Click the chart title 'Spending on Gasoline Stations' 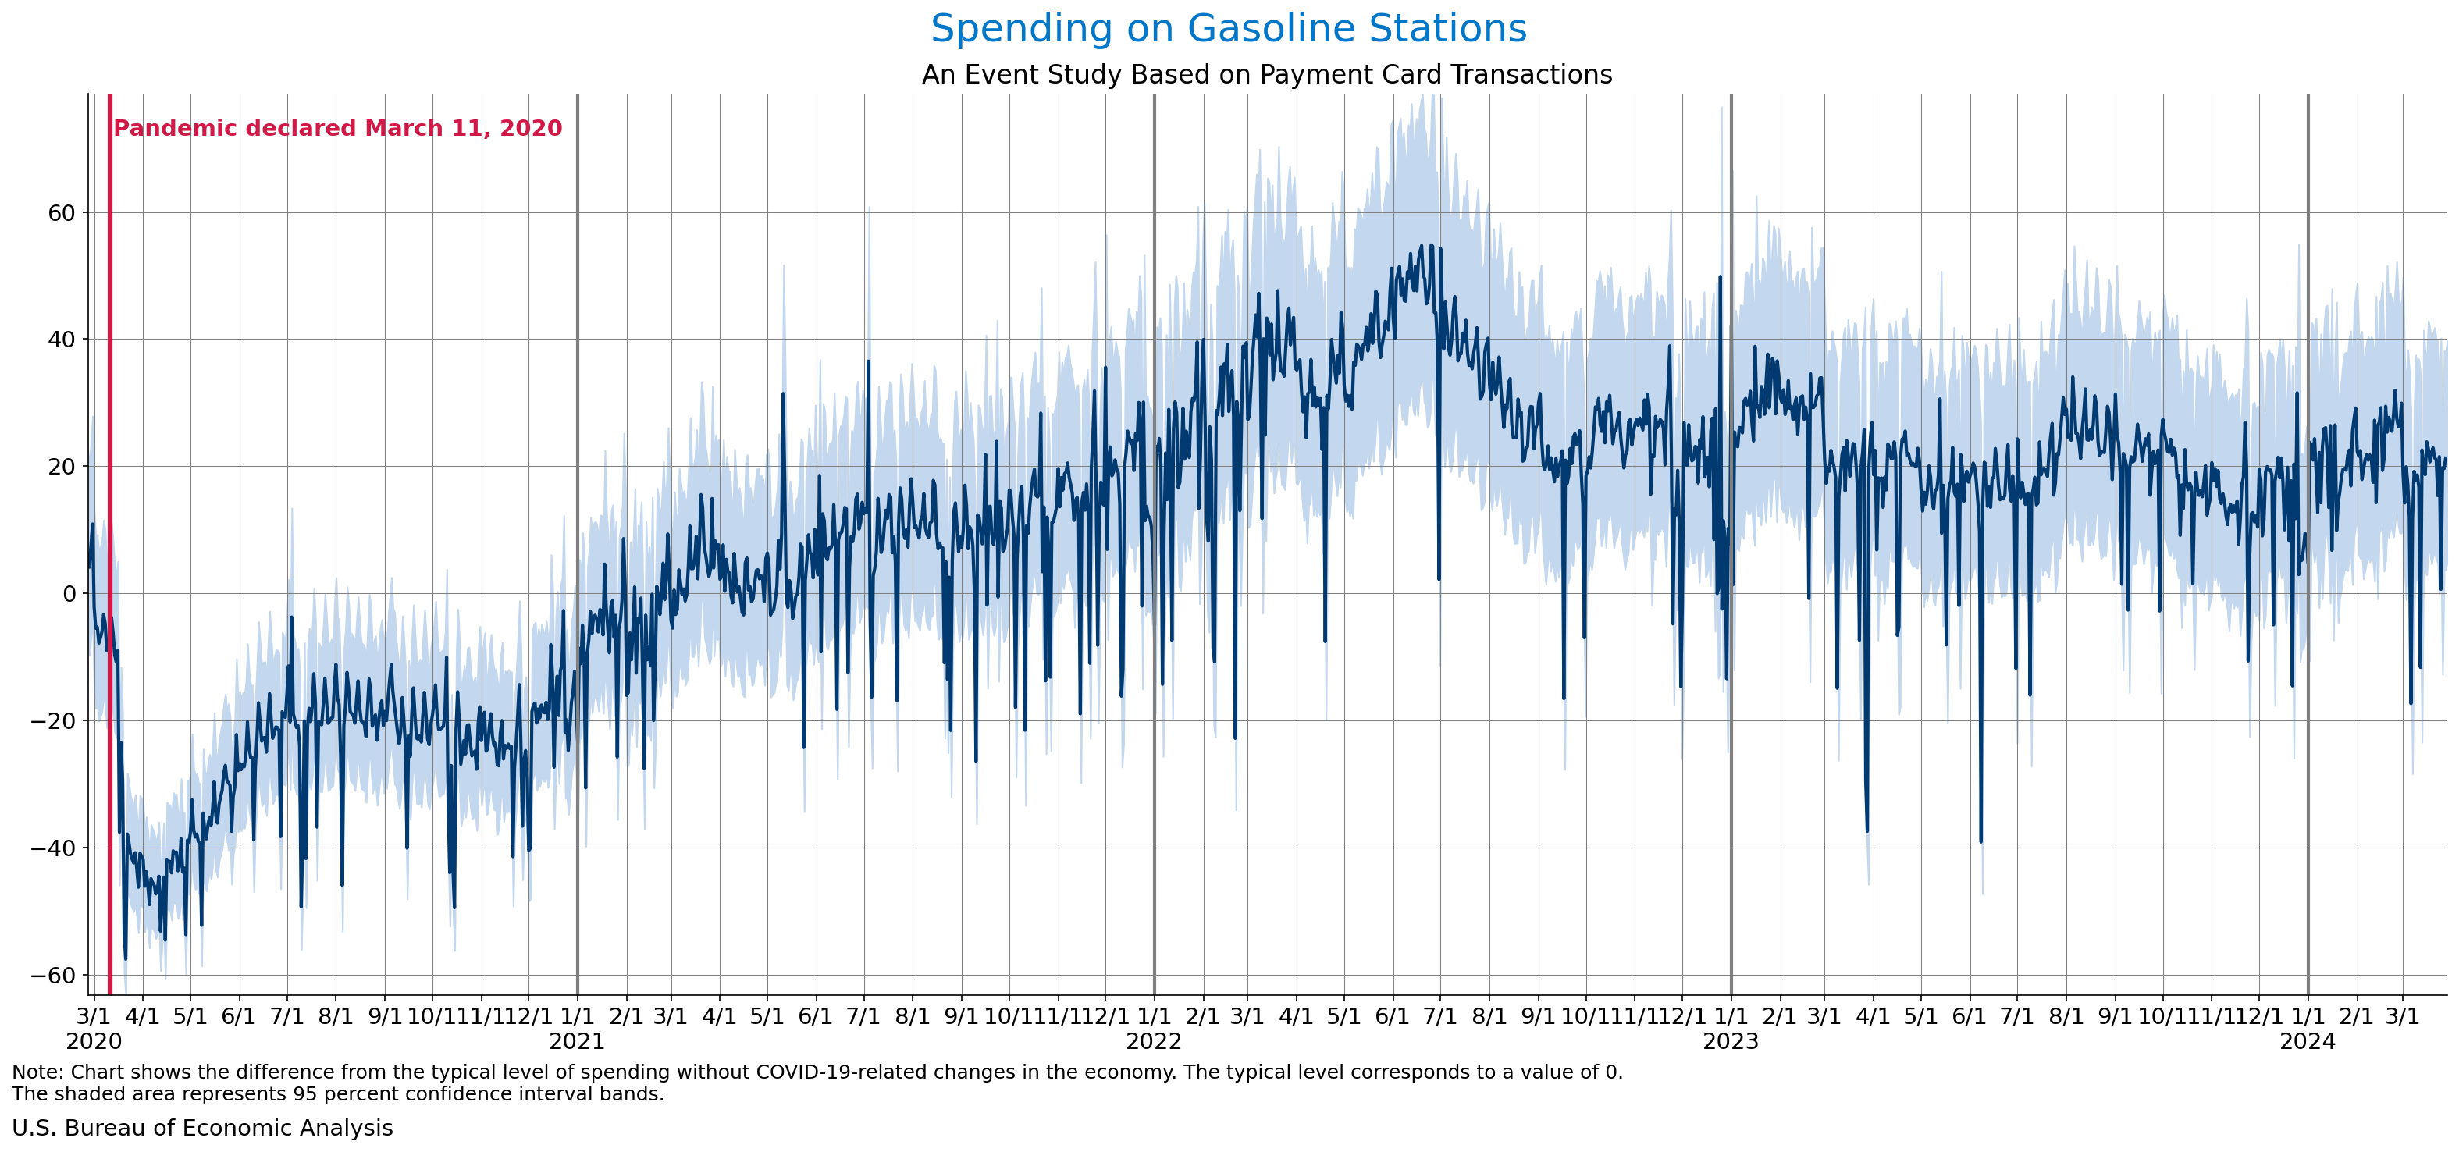(1229, 29)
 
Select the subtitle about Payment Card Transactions (1267, 74)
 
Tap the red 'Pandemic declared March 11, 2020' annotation (338, 128)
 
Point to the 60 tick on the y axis (61, 213)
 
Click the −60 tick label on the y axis (53, 976)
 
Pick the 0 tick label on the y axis (69, 594)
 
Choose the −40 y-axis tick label (53, 848)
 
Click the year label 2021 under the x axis (577, 1041)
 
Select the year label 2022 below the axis (1154, 1041)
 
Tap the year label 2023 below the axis (1731, 1041)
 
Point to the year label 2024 (2308, 1041)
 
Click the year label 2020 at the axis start (94, 1041)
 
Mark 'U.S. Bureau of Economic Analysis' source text (202, 1128)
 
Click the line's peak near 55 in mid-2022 (1430, 245)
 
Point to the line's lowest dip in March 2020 (125, 958)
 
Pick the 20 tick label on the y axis (61, 467)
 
